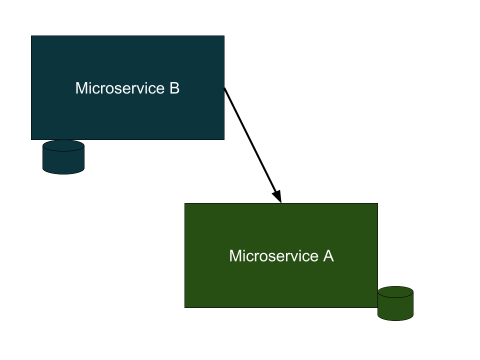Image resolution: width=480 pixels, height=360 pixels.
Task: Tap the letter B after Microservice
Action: [174, 88]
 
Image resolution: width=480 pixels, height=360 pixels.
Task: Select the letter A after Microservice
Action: [328, 256]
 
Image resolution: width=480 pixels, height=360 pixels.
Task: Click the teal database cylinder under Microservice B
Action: [63, 159]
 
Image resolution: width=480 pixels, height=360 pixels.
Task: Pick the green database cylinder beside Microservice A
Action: [395, 305]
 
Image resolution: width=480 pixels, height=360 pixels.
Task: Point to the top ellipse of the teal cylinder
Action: [63, 145]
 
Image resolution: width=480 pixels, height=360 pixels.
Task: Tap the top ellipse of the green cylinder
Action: [395, 292]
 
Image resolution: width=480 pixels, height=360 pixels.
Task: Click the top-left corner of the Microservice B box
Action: [32, 37]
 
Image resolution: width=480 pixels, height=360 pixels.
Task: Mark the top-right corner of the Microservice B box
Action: [223, 37]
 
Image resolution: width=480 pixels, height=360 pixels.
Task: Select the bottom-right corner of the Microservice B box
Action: [223, 138]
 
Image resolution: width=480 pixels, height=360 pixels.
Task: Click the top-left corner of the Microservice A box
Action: [186, 204]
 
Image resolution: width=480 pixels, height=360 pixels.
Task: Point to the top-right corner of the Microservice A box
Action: [376, 204]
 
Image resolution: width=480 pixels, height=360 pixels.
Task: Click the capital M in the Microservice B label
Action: [81, 88]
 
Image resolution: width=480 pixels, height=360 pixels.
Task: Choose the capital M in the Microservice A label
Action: [235, 256]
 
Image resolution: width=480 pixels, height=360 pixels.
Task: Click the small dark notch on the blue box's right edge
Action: [223, 89]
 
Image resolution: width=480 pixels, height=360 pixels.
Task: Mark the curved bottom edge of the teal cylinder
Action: [63, 172]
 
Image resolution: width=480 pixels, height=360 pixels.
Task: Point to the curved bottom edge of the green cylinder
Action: [395, 319]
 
